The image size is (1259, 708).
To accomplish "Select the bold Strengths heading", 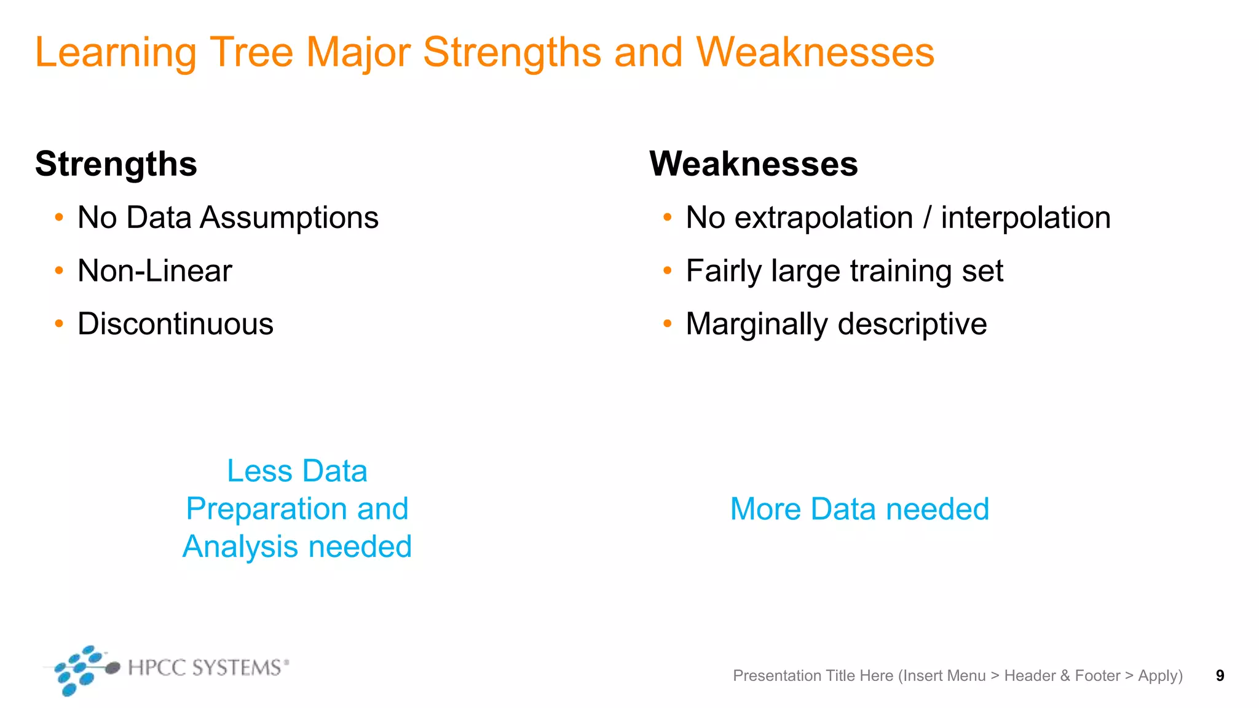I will [116, 164].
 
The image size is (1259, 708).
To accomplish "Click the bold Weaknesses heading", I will [753, 164].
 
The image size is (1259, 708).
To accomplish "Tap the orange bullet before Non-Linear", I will [59, 270].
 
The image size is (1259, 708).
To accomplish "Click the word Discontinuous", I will [175, 324].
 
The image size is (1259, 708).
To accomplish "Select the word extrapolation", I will [824, 218].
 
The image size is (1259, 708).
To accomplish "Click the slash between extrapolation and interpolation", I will [927, 218].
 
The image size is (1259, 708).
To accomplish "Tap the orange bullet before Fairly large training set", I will [668, 270].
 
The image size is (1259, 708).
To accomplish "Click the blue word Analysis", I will [240, 547].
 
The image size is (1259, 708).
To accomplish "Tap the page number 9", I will [1220, 675].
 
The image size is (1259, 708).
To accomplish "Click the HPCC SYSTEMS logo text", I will [205, 667].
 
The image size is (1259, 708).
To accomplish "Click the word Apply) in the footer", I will [1160, 676].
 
